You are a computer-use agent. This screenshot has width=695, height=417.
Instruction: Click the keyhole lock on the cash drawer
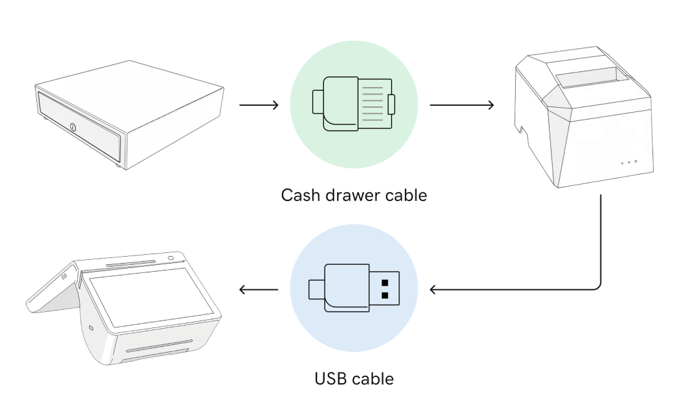pos(73,128)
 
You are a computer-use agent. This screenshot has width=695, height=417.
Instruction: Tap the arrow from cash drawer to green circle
pos(259,105)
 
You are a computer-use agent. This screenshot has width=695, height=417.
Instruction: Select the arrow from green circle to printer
pos(461,105)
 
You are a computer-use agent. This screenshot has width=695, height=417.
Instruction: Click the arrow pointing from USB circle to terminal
pos(259,290)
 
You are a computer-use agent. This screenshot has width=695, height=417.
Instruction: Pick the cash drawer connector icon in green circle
pos(354,105)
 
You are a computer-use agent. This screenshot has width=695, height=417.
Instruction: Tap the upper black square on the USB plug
pos(385,282)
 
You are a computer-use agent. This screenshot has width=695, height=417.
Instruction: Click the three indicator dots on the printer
pos(629,162)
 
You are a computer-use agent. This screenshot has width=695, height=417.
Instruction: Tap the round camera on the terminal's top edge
pos(170,257)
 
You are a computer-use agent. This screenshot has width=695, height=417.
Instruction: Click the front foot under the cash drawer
pos(120,166)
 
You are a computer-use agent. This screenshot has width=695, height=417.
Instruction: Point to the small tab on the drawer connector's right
pos(392,104)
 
